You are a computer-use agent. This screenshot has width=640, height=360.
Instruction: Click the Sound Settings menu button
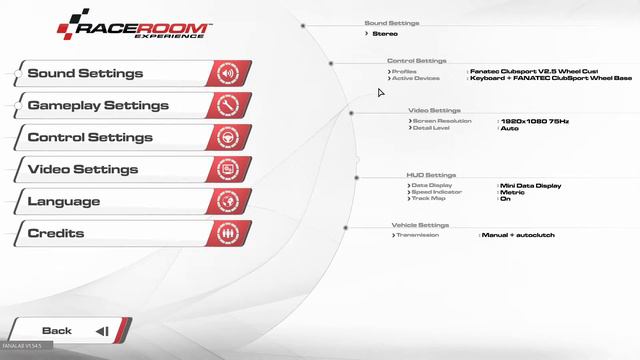(100, 73)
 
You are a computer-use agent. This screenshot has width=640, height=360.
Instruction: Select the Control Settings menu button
(100, 137)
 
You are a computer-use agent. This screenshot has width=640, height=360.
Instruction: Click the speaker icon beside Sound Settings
(228, 73)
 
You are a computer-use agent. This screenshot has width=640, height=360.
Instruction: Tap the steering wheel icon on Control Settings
(228, 137)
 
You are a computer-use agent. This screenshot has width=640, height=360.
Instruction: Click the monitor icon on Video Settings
(228, 169)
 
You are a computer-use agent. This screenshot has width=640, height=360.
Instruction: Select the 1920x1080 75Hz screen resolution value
(534, 121)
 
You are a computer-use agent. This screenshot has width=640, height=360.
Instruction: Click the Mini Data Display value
(531, 185)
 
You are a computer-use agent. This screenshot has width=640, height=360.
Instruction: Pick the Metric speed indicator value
(512, 192)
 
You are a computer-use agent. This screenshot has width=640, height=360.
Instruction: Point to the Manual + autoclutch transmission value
(519, 235)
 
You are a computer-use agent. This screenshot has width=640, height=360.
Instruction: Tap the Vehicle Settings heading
(420, 225)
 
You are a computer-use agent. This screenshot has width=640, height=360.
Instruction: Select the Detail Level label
(432, 128)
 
